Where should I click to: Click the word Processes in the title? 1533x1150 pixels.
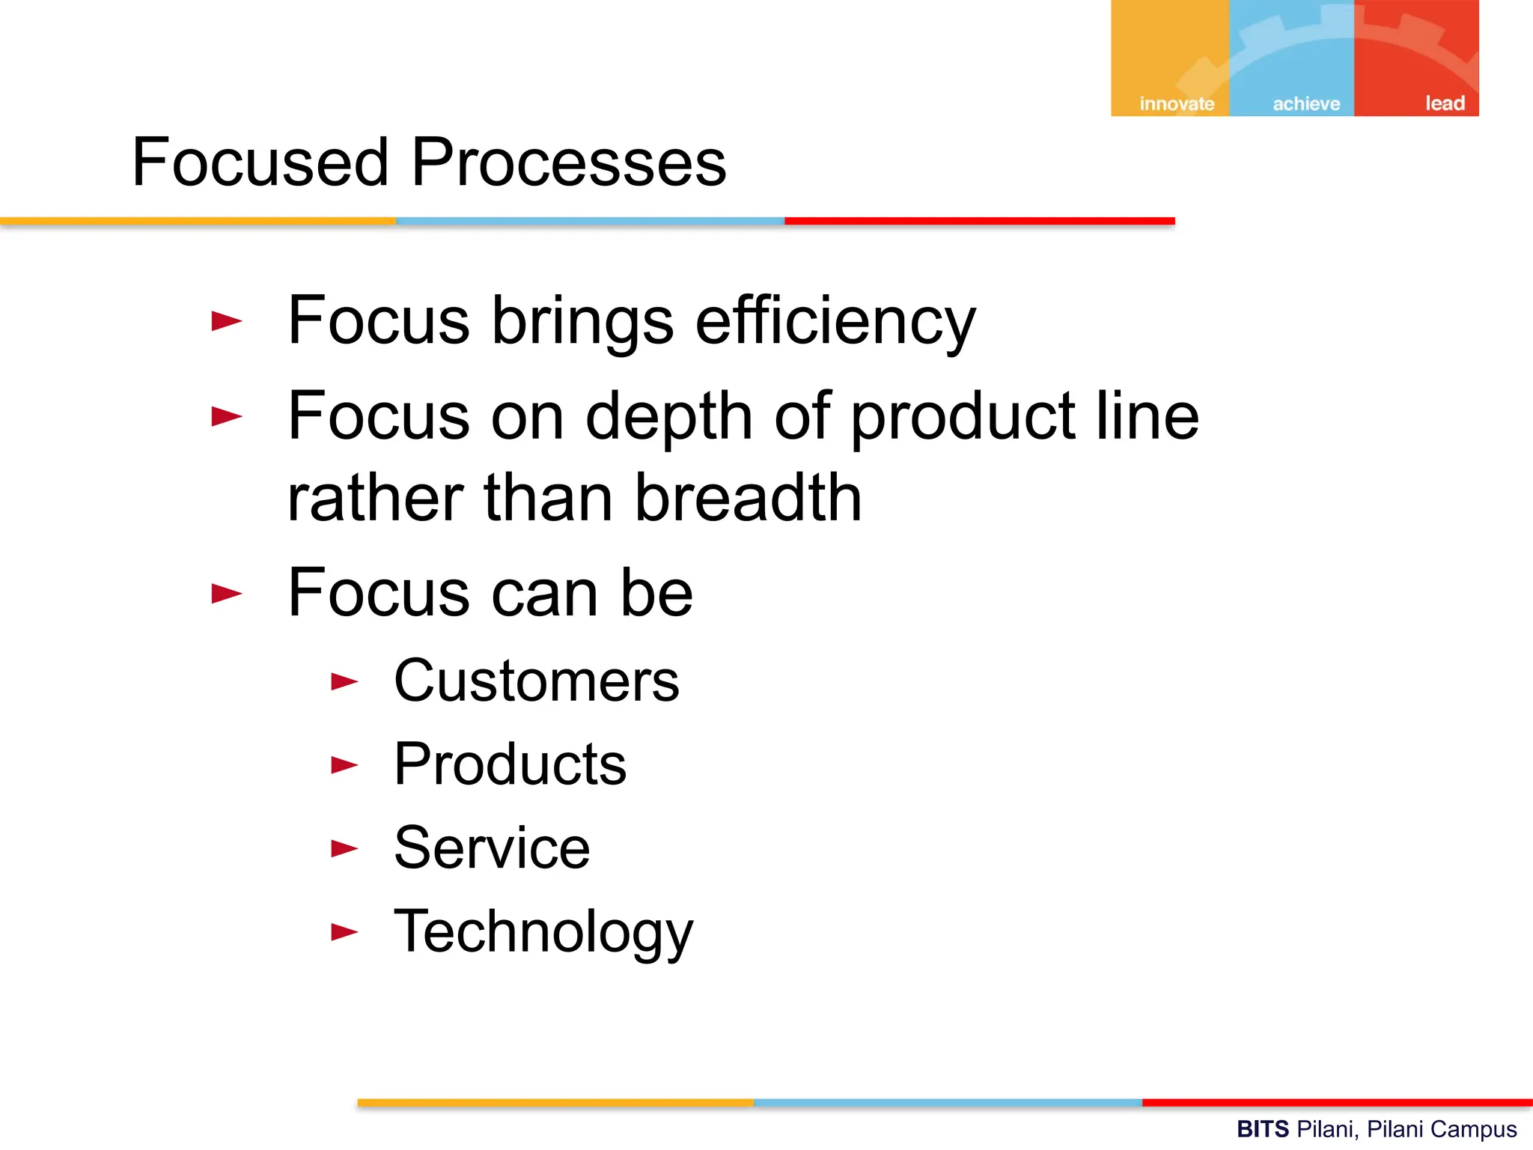(x=569, y=162)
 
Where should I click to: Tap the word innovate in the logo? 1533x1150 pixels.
(x=1177, y=103)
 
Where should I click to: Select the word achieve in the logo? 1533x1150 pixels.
(x=1306, y=103)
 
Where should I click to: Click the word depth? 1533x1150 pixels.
(x=668, y=417)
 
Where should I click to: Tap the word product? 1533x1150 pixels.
(x=963, y=417)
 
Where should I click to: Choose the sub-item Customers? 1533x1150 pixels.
(x=536, y=681)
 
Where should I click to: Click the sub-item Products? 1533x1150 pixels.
(x=510, y=764)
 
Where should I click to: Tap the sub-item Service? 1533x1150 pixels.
(x=492, y=848)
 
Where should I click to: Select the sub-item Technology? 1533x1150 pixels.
(x=543, y=932)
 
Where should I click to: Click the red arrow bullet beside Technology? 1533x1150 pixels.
(x=344, y=932)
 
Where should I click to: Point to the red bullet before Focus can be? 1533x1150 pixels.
(x=226, y=594)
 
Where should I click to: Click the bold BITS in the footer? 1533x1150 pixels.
(x=1262, y=1128)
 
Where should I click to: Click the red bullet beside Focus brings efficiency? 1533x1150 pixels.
(x=226, y=322)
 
